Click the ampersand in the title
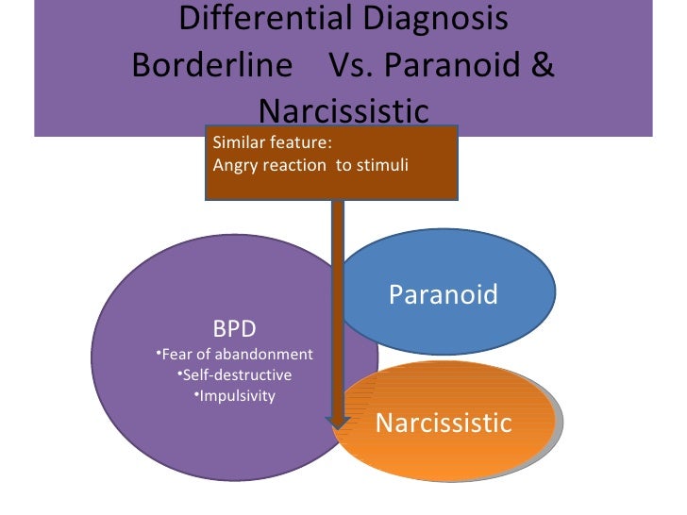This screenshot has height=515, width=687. tap(542, 66)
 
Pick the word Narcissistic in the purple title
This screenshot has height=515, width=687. tap(343, 112)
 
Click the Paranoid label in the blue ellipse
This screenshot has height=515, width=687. tap(443, 295)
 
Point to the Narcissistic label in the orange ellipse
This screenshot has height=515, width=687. tap(443, 423)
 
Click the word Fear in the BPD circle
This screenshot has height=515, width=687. tap(176, 355)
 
